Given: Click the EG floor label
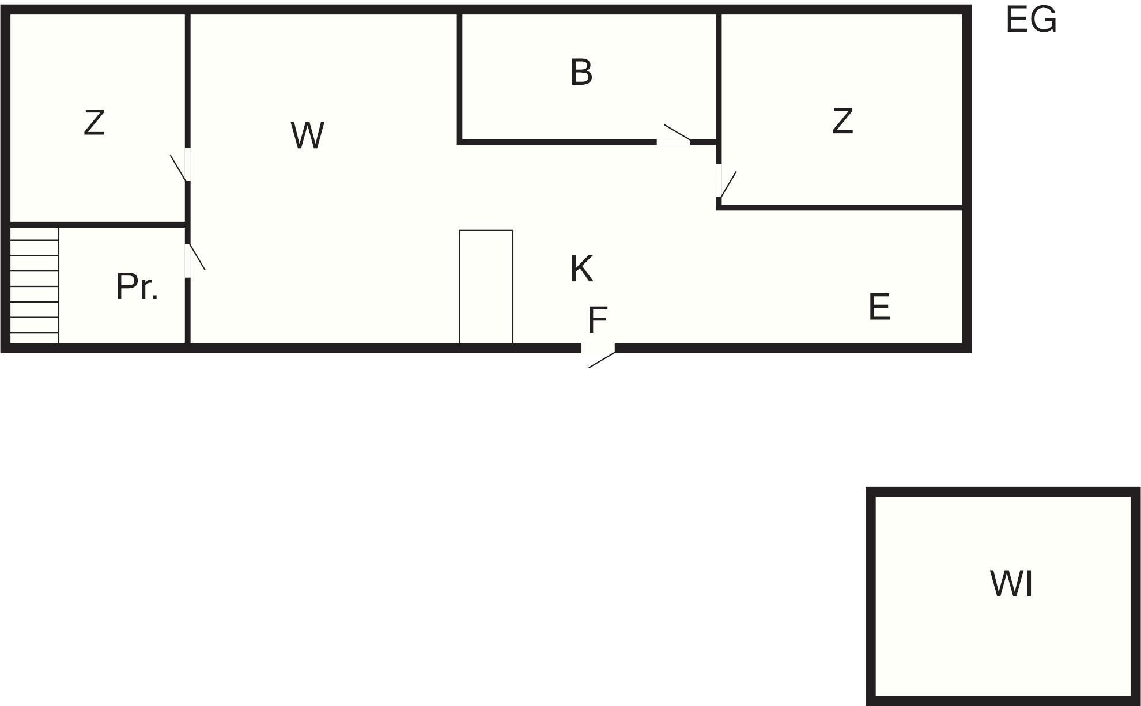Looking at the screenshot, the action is pos(1031,20).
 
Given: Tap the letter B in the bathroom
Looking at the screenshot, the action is pos(581,72).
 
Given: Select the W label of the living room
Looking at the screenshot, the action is pos(308,135).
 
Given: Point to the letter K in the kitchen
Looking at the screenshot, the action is pos(582,269).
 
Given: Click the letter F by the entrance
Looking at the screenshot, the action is pos(598,320).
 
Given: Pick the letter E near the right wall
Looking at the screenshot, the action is pos(879,307).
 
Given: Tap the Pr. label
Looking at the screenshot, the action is pos(137,286).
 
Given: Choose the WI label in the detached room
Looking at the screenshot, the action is pos(1012,583).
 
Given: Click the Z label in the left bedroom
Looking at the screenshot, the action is pos(95,122).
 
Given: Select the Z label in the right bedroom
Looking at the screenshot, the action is pos(842,121).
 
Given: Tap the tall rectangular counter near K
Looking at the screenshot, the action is pos(486,287).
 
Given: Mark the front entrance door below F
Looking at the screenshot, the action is pos(599,354).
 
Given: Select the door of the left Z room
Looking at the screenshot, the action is pos(180,165).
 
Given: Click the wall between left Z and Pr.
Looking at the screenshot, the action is pos(97,224).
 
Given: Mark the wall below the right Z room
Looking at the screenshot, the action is pos(840,207).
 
